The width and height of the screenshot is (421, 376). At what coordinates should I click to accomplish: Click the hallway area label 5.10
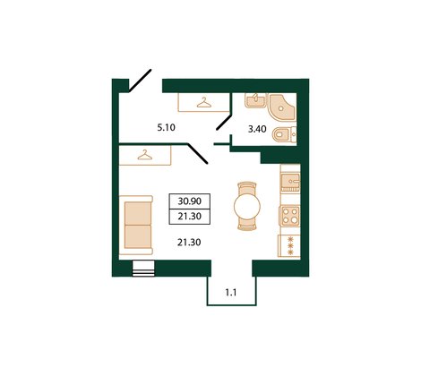pos(165,128)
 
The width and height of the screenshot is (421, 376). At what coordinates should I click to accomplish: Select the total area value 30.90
pos(189,201)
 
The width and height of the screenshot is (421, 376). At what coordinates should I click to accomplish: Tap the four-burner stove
pos(290,215)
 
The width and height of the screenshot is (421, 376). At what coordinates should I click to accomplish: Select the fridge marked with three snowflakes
pos(290,244)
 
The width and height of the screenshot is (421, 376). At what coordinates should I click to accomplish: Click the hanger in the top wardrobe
pos(204,102)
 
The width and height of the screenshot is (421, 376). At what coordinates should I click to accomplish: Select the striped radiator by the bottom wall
pos(142,266)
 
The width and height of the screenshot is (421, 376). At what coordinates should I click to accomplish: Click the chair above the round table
pos(246,186)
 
